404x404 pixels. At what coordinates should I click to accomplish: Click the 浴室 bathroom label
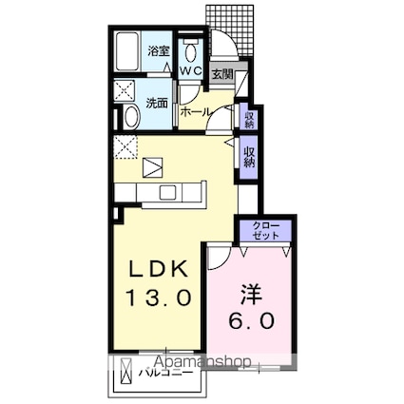tap(159, 51)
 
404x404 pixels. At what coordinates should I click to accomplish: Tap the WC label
tap(190, 70)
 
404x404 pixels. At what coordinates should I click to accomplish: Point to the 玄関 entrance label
tap(222, 74)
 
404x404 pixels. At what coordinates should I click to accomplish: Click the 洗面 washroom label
tap(157, 103)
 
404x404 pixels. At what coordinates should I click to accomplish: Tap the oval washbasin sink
tap(131, 117)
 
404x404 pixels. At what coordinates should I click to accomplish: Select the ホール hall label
tap(195, 111)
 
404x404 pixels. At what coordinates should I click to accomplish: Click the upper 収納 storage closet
tap(249, 116)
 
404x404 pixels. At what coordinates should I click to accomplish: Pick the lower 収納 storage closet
tap(249, 158)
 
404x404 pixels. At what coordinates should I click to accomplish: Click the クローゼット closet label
tap(266, 230)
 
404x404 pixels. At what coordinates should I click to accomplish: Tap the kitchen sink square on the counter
tap(169, 192)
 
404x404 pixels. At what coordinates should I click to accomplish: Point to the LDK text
tap(158, 270)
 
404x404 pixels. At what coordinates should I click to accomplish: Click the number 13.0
tap(159, 297)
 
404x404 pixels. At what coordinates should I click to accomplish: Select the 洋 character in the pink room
tap(250, 294)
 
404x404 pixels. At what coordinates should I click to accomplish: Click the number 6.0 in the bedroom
tap(251, 320)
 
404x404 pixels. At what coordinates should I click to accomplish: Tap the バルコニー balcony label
tap(165, 373)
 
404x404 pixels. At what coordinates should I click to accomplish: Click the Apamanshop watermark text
tap(203, 362)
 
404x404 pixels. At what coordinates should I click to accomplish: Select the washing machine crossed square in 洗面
tap(125, 90)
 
